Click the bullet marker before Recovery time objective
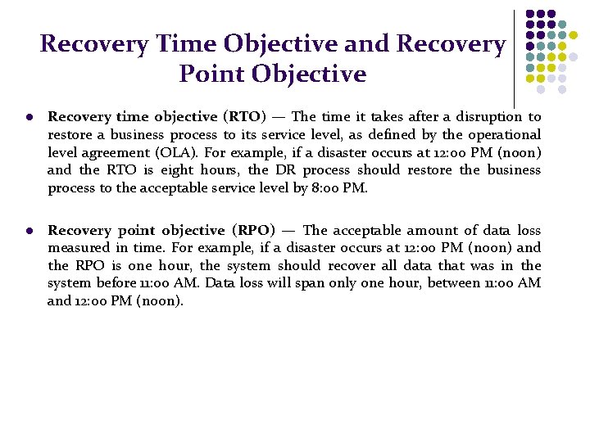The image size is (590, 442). click(29, 118)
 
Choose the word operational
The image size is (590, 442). click(503, 135)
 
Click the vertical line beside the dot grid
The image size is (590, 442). click(515, 57)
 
